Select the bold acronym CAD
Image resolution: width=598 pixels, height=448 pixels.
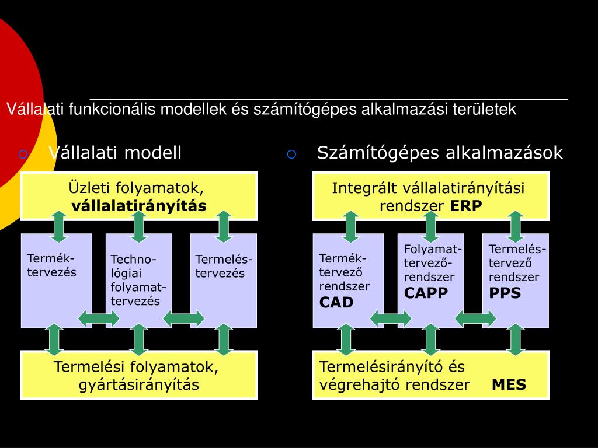(x=336, y=302)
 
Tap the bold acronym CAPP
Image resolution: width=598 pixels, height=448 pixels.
(x=426, y=293)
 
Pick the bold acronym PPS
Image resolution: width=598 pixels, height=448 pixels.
(x=505, y=293)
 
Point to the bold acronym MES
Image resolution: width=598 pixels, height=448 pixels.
(x=509, y=385)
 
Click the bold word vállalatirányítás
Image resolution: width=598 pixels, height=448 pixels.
(x=139, y=206)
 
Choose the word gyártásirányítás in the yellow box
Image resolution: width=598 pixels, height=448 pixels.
(x=139, y=385)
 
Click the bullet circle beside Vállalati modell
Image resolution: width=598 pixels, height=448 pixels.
(x=23, y=155)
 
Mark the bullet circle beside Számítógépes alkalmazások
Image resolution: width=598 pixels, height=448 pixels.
(x=292, y=155)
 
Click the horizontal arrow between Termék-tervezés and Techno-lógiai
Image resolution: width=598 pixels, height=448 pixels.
(x=99, y=318)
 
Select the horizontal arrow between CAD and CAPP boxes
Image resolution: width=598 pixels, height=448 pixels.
(x=391, y=318)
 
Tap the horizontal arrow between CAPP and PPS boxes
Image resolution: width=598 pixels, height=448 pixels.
(x=475, y=318)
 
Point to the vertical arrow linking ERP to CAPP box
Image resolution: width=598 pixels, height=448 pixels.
(x=430, y=227)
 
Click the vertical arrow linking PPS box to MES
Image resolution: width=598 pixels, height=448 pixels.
(x=515, y=339)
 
